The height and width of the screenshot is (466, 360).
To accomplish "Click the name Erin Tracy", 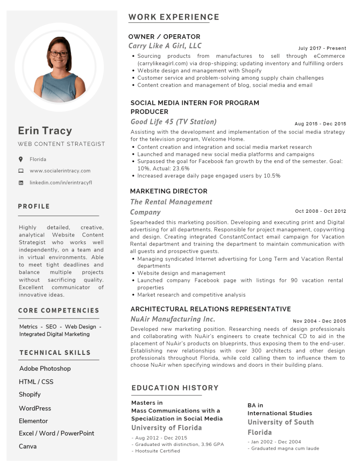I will tap(45, 131).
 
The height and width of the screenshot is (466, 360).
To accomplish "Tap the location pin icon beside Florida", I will tap(21, 159).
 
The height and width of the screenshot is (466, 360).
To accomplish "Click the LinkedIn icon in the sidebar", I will tap(21, 183).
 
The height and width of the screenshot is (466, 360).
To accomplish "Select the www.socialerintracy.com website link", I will tap(60, 171).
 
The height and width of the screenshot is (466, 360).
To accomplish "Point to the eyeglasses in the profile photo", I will tap(59, 54).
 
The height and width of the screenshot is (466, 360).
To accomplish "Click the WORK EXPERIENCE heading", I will tap(174, 17).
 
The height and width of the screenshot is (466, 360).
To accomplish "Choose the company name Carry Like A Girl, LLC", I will tap(165, 46).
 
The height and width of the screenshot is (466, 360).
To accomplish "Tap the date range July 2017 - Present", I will tap(322, 48).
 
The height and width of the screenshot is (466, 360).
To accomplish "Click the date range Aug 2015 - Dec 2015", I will tap(320, 124).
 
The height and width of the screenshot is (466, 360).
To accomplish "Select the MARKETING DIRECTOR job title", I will tap(169, 191).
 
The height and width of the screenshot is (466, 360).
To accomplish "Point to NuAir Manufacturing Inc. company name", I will tap(173, 319).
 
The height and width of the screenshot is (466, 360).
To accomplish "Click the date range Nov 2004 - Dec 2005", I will tap(319, 321).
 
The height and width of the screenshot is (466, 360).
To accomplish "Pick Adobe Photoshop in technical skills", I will tap(45, 369).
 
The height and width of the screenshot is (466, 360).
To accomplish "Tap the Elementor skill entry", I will tap(33, 421).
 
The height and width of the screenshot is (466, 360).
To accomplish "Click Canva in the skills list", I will tap(28, 446).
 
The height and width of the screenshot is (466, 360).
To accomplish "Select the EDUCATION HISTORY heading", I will tap(175, 388).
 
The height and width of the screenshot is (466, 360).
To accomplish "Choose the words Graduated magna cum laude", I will tap(285, 448).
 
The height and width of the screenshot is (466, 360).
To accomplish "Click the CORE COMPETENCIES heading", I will tap(59, 311).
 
